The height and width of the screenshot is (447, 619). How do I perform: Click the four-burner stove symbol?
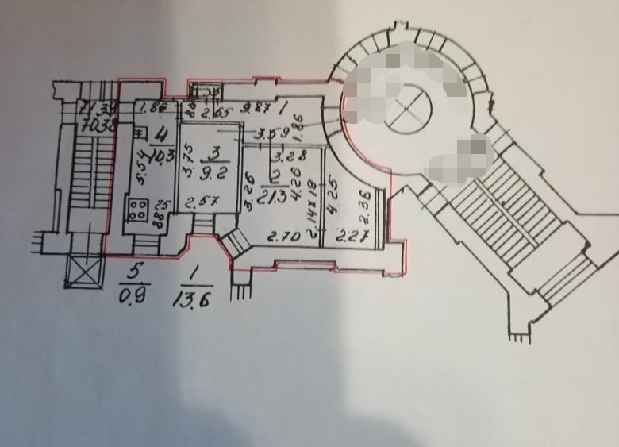click(x=137, y=210)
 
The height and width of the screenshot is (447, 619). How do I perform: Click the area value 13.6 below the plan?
click(x=191, y=302)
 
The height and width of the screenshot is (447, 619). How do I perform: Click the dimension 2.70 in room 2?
click(x=280, y=236)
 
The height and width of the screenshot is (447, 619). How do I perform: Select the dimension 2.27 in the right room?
click(x=350, y=235)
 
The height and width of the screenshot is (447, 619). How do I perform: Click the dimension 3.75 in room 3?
click(x=184, y=168)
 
